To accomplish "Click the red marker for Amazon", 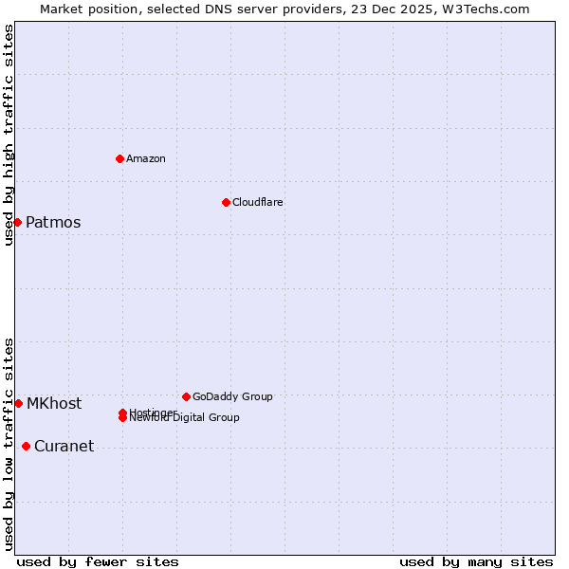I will pyautogui.click(x=119, y=158).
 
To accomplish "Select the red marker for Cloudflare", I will pyautogui.click(x=226, y=202).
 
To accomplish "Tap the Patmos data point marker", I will pyautogui.click(x=17, y=222).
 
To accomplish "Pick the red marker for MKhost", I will pyautogui.click(x=18, y=403).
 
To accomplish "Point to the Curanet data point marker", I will pyautogui.click(x=26, y=446).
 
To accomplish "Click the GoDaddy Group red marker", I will pyautogui.click(x=186, y=396).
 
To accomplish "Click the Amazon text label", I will pyautogui.click(x=146, y=158).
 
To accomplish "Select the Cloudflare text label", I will pyautogui.click(x=258, y=202).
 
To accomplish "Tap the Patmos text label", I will pyautogui.click(x=53, y=223).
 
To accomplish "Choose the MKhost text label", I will pyautogui.click(x=54, y=404).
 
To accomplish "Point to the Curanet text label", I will pyautogui.click(x=64, y=447).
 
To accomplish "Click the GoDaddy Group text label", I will pyautogui.click(x=232, y=396).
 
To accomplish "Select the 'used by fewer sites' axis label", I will pyautogui.click(x=98, y=561).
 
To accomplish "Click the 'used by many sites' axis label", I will pyautogui.click(x=476, y=561).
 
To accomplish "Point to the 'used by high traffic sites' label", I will pyautogui.click(x=9, y=135).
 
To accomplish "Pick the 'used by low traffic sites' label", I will pyautogui.click(x=9, y=444).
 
